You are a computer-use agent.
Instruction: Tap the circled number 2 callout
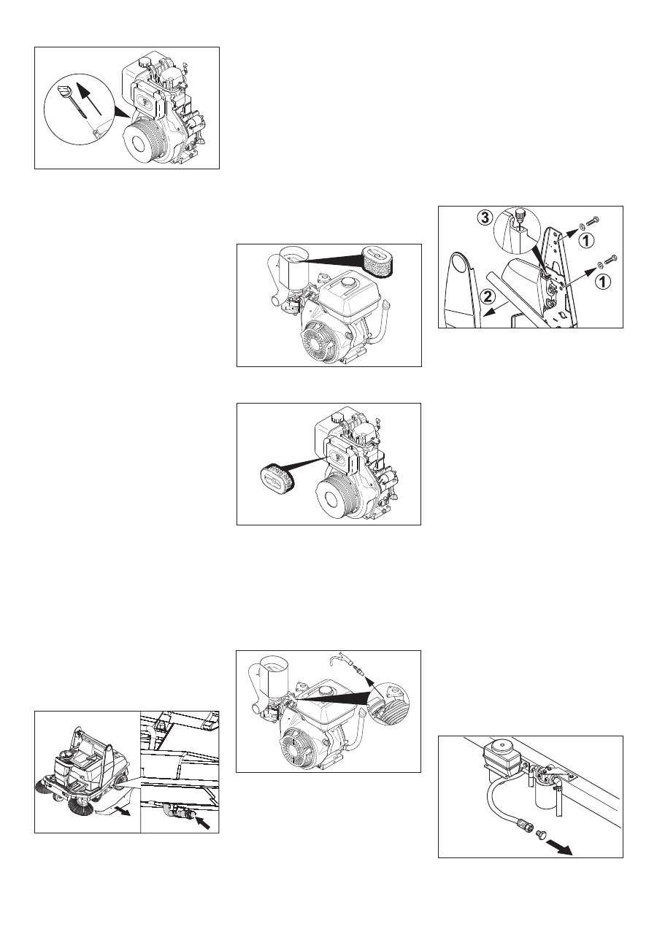tap(489, 296)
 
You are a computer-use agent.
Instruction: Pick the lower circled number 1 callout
tap(603, 282)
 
